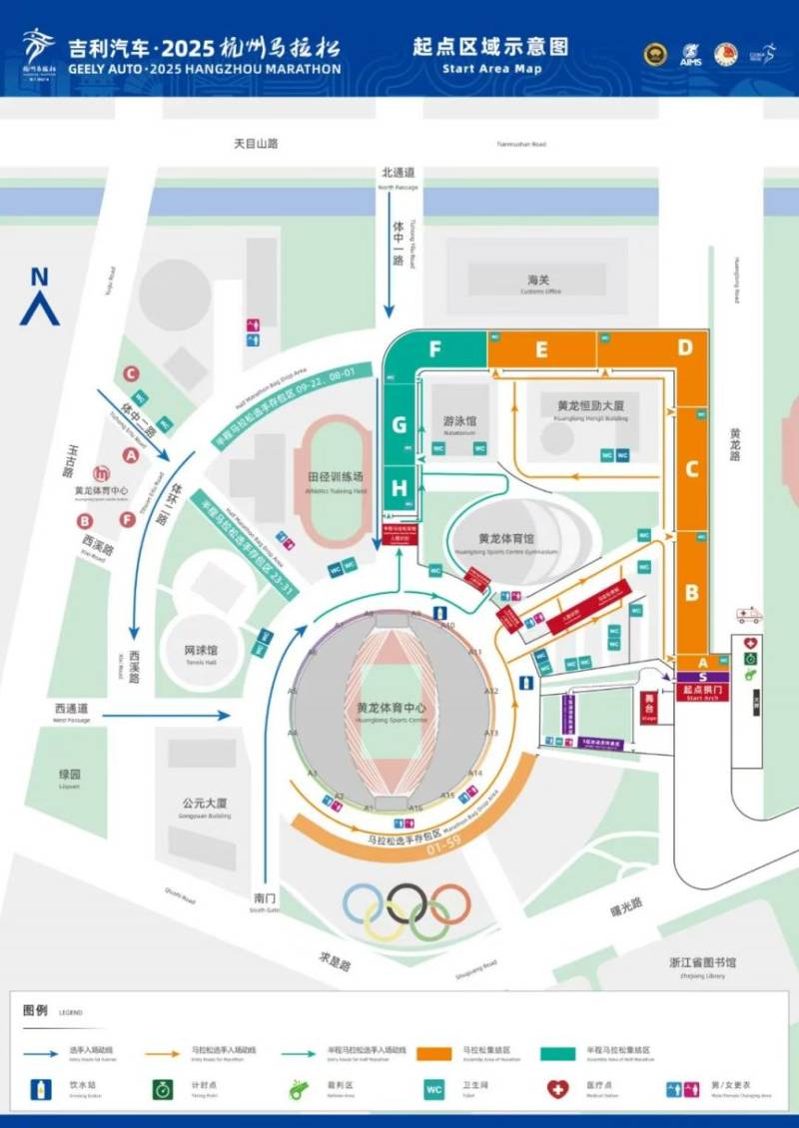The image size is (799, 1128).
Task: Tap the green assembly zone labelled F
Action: (435, 349)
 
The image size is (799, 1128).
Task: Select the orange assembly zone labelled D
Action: (685, 347)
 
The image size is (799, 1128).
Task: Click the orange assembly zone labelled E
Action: (541, 349)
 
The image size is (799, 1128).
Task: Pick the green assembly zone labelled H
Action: (399, 488)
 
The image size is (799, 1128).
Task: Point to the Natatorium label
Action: (459, 425)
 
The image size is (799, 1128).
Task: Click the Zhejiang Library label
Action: (703, 965)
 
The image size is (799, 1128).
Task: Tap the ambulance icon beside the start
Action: (748, 615)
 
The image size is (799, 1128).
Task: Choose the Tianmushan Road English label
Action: (521, 145)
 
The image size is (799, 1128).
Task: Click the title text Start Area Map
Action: (491, 69)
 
